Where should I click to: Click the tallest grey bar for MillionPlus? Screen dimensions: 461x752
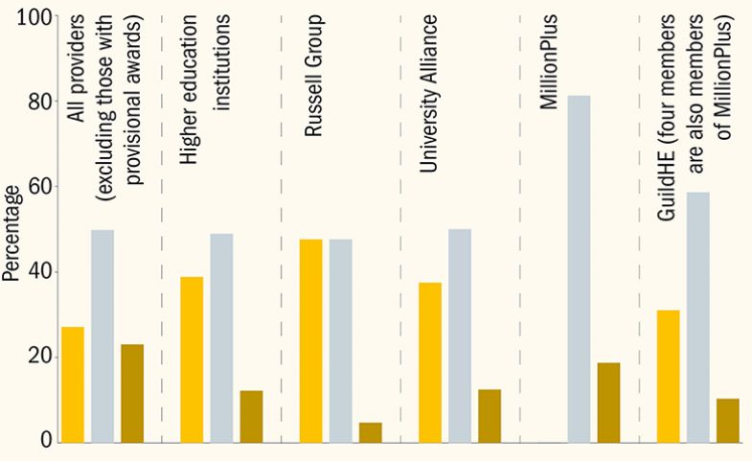[x=578, y=268]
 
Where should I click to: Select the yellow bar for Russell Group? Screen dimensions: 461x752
[x=310, y=340]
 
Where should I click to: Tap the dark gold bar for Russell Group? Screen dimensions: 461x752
[x=370, y=432]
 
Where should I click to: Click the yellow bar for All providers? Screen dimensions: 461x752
[x=73, y=384]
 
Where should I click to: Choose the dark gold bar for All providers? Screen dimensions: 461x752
[x=132, y=393]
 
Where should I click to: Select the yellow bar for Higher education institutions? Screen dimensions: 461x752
[x=192, y=359]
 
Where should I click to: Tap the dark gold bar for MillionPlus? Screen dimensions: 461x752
[x=608, y=403]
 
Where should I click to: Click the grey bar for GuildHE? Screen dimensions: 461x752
[x=697, y=316]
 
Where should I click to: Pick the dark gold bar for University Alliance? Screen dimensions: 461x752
[x=489, y=416]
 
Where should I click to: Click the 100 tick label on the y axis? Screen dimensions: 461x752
[x=35, y=17]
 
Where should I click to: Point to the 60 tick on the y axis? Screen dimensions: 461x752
[x=42, y=187]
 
